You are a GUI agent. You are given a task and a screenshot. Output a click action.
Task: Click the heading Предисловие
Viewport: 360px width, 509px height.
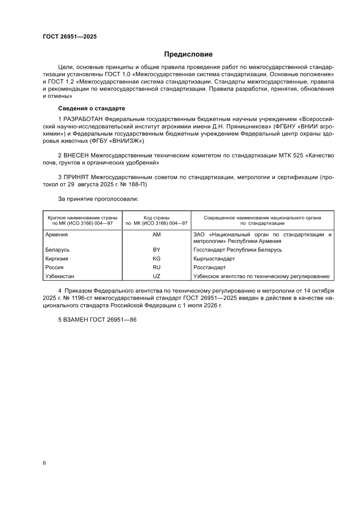188,54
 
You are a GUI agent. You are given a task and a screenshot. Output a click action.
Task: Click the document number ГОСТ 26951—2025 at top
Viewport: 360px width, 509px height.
70,37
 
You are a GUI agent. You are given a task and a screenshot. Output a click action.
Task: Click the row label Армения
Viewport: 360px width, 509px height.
56,235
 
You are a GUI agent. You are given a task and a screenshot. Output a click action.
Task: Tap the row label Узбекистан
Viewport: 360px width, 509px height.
60,276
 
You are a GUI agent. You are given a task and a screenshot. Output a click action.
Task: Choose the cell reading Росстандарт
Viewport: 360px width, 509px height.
209,267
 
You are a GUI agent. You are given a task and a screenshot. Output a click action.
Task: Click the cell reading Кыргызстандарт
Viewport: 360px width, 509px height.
214,259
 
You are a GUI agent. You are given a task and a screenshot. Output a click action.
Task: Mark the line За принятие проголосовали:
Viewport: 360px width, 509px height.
98,199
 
